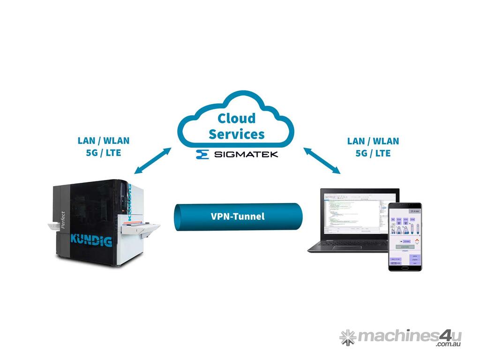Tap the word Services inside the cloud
point(237,134)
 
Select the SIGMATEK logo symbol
point(202,154)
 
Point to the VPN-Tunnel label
point(237,217)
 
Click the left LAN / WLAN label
point(103,141)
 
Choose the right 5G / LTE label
point(373,153)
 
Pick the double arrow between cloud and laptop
point(322,160)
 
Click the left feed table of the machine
point(54,227)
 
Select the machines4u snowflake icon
point(347,336)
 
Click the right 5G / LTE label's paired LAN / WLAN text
point(373,141)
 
